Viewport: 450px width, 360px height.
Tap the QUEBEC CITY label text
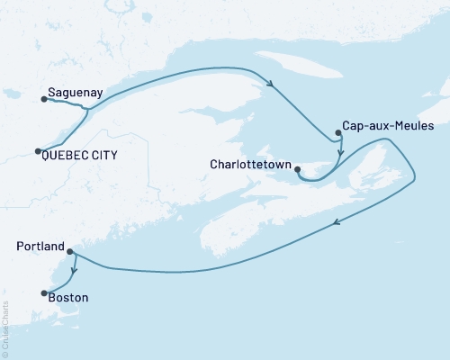(80, 155)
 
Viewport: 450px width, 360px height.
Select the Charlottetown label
(248, 165)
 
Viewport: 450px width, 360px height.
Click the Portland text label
(40, 247)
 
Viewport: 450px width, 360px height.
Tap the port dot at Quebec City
(38, 151)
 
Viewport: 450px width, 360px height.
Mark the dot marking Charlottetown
(297, 166)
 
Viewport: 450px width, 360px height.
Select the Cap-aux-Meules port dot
(337, 133)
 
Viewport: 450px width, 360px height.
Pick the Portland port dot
(70, 252)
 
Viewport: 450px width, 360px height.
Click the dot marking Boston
(42, 292)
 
